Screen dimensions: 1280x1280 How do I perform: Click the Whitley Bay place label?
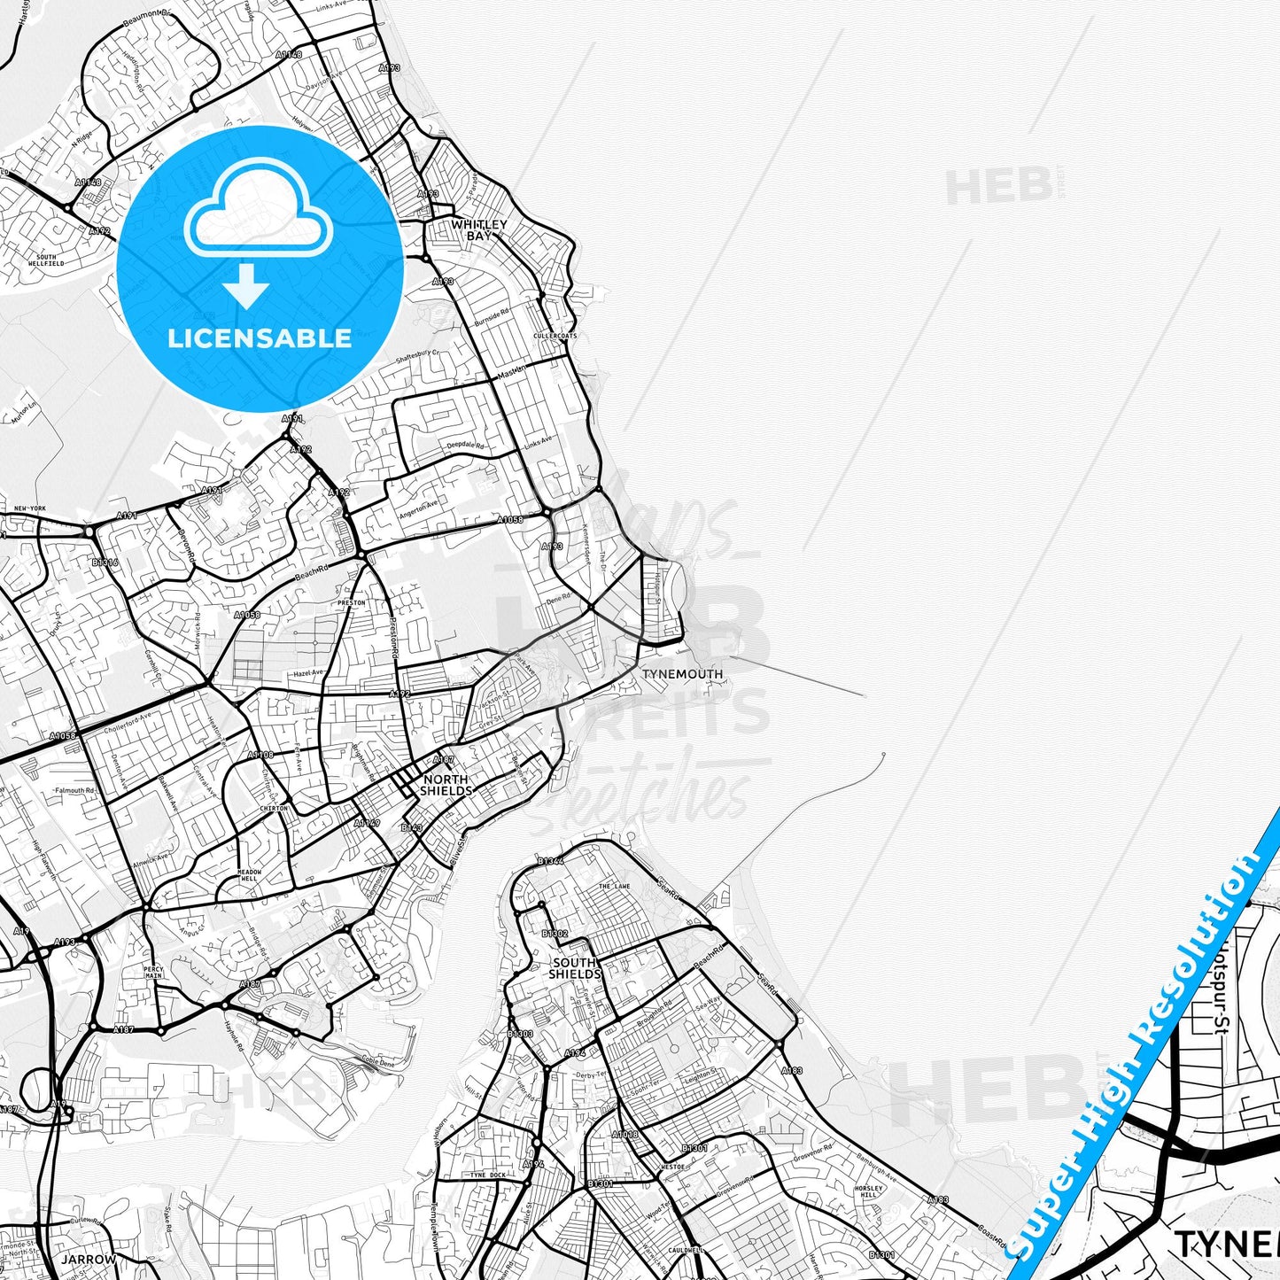[478, 230]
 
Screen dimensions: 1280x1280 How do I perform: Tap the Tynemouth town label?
[682, 674]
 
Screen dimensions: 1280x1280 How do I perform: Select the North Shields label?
[446, 785]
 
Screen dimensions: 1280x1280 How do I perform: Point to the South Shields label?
[575, 968]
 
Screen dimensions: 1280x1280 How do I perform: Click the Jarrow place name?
[89, 1259]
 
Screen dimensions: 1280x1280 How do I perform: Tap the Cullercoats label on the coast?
[555, 337]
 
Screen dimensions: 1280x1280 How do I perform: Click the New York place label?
[30, 508]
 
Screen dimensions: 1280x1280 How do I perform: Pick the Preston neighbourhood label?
[352, 603]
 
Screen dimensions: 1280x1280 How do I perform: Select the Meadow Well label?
[250, 876]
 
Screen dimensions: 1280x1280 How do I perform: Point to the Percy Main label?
[153, 973]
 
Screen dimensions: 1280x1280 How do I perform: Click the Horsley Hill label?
[869, 1191]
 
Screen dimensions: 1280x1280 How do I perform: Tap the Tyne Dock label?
[486, 1175]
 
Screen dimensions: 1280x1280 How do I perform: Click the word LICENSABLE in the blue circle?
[260, 338]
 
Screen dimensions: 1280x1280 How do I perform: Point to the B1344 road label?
[550, 861]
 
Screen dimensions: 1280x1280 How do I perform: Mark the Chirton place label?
[274, 809]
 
